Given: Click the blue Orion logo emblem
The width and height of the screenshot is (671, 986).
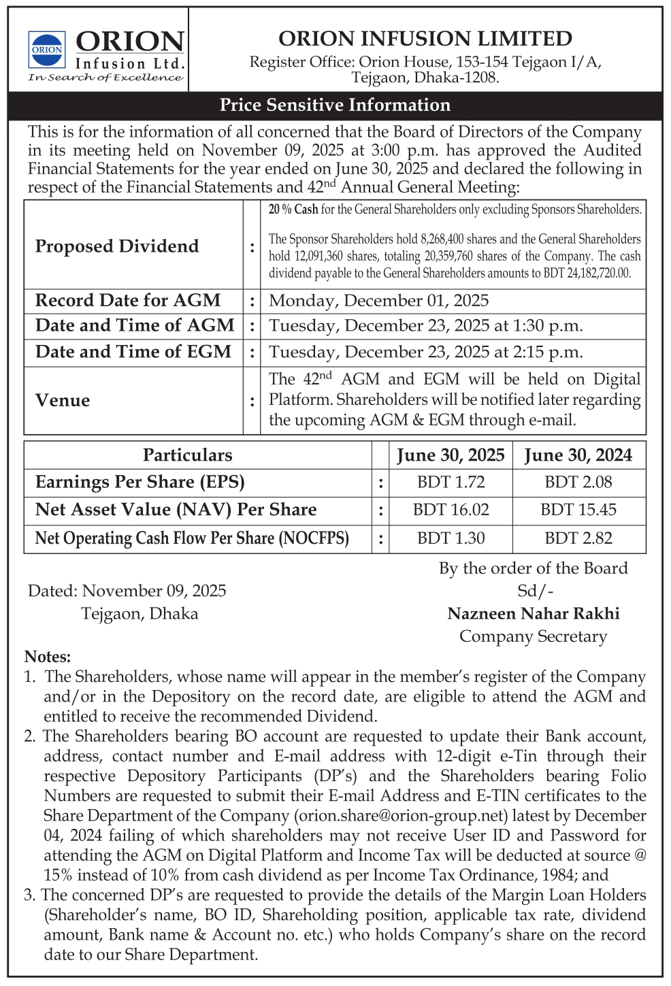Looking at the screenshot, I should click(47, 49).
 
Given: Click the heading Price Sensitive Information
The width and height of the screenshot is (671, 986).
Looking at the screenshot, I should click(335, 105).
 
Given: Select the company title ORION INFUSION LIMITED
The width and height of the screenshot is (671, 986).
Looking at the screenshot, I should click(425, 38).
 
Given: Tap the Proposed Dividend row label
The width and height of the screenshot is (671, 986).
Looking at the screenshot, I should click(117, 246).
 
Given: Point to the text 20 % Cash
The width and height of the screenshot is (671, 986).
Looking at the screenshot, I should click(293, 210).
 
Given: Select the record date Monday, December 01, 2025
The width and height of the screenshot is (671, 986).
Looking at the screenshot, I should click(378, 301).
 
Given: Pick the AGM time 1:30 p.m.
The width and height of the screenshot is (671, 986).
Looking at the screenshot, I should click(549, 326).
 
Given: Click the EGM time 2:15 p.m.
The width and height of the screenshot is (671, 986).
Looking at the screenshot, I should click(549, 352).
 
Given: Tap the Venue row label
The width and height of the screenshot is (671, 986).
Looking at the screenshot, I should click(63, 400).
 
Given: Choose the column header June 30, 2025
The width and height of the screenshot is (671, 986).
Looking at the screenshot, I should click(451, 455).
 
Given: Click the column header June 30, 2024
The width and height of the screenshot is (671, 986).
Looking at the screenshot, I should click(578, 455).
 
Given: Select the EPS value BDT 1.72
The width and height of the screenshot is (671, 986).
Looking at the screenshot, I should click(451, 482).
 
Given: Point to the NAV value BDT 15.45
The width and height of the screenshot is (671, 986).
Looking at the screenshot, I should click(578, 510).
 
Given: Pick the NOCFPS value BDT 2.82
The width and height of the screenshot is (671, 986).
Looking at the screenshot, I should click(578, 538).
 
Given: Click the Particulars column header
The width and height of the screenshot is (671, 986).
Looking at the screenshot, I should click(187, 455).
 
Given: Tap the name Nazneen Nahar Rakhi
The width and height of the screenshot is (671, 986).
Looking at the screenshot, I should click(533, 614).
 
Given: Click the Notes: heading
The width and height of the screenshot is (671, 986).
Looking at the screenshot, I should click(48, 657).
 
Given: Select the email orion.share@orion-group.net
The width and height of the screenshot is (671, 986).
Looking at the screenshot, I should click(401, 815).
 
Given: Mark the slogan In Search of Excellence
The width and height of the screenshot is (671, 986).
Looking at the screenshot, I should click(105, 78).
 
